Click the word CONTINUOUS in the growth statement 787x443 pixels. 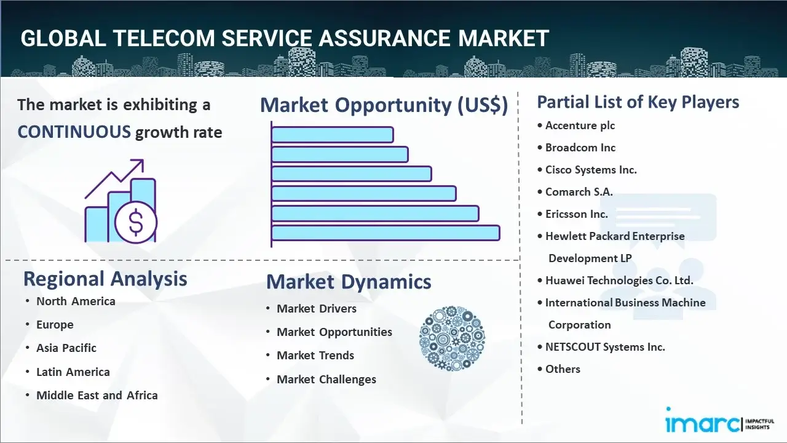(x=74, y=132)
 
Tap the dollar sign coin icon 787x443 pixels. (x=136, y=222)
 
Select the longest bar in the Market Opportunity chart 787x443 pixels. (x=386, y=233)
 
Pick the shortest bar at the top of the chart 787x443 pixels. (x=333, y=135)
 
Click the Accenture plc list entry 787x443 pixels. (x=580, y=126)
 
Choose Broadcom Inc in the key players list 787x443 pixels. (x=580, y=148)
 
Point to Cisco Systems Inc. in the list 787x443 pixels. (x=591, y=170)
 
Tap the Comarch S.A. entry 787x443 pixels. (x=579, y=192)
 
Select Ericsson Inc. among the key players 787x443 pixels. (x=577, y=214)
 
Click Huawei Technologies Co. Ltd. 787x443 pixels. (x=619, y=281)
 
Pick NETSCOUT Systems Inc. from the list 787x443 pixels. (x=605, y=347)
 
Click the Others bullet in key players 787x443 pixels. (x=563, y=369)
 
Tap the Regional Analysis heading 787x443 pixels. (x=105, y=279)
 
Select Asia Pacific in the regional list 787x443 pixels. (x=66, y=348)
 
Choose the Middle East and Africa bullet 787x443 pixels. (x=97, y=396)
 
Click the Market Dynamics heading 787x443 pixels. (x=349, y=282)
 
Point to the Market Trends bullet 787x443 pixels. (x=315, y=356)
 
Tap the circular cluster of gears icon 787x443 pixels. (x=452, y=338)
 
